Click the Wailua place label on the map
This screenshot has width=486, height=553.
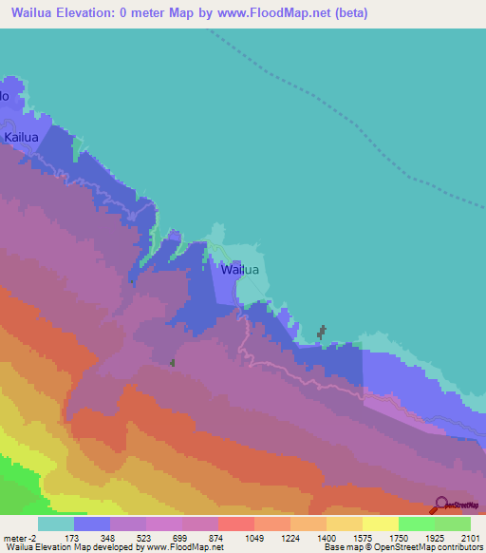(239, 270)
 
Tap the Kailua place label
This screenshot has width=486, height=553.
(21, 138)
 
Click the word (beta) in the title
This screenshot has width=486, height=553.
(346, 13)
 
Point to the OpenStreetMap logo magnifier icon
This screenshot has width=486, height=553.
(439, 505)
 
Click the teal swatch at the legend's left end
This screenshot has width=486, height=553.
(55, 524)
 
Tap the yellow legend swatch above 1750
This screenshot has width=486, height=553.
(380, 524)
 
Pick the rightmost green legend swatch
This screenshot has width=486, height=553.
(452, 524)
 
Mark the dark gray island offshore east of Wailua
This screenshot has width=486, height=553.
(321, 332)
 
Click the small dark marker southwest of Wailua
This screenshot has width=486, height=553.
(172, 362)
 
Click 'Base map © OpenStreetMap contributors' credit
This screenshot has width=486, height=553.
(401, 547)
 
